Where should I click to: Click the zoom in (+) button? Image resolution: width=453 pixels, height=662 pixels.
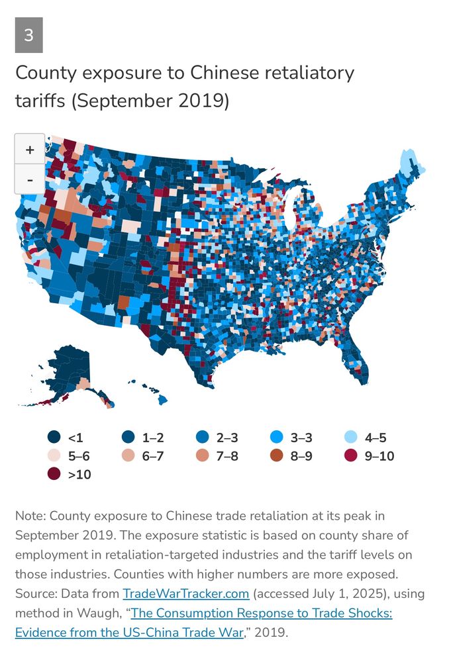[x=30, y=150]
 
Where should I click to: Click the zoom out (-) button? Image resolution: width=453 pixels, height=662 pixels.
[x=30, y=179]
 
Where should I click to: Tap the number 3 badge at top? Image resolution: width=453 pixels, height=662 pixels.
[x=28, y=36]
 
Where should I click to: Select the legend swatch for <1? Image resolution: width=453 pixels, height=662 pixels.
[x=54, y=438]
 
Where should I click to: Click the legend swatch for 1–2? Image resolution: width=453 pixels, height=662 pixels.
[x=129, y=438]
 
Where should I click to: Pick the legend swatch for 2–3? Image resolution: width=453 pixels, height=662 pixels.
[x=204, y=438]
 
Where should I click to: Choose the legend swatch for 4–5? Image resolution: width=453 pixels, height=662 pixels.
[x=353, y=438]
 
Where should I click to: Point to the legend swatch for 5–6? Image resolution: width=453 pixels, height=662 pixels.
[x=54, y=456]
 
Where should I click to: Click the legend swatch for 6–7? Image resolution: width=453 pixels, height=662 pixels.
[x=129, y=456]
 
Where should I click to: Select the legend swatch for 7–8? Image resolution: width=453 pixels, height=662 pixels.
[x=204, y=456]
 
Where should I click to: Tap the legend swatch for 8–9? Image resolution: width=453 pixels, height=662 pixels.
[x=278, y=456]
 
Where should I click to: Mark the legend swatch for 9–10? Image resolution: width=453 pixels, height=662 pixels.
[x=353, y=456]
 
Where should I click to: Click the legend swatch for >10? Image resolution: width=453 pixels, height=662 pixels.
[x=54, y=475]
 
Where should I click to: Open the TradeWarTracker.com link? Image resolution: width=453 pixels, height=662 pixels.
[x=185, y=593]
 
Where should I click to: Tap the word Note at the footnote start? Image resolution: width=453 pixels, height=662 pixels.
[x=30, y=515]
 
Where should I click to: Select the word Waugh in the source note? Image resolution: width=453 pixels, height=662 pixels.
[x=98, y=612]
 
